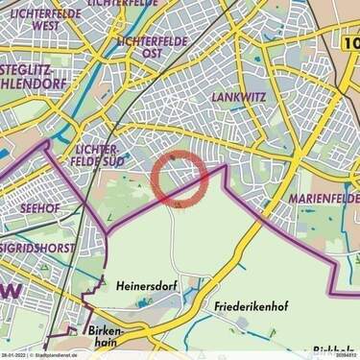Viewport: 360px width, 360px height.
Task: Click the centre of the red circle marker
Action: pyautogui.click(x=180, y=179)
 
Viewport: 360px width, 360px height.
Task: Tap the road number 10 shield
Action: pyautogui.click(x=350, y=43)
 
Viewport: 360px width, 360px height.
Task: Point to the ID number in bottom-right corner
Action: pyautogui.click(x=347, y=354)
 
